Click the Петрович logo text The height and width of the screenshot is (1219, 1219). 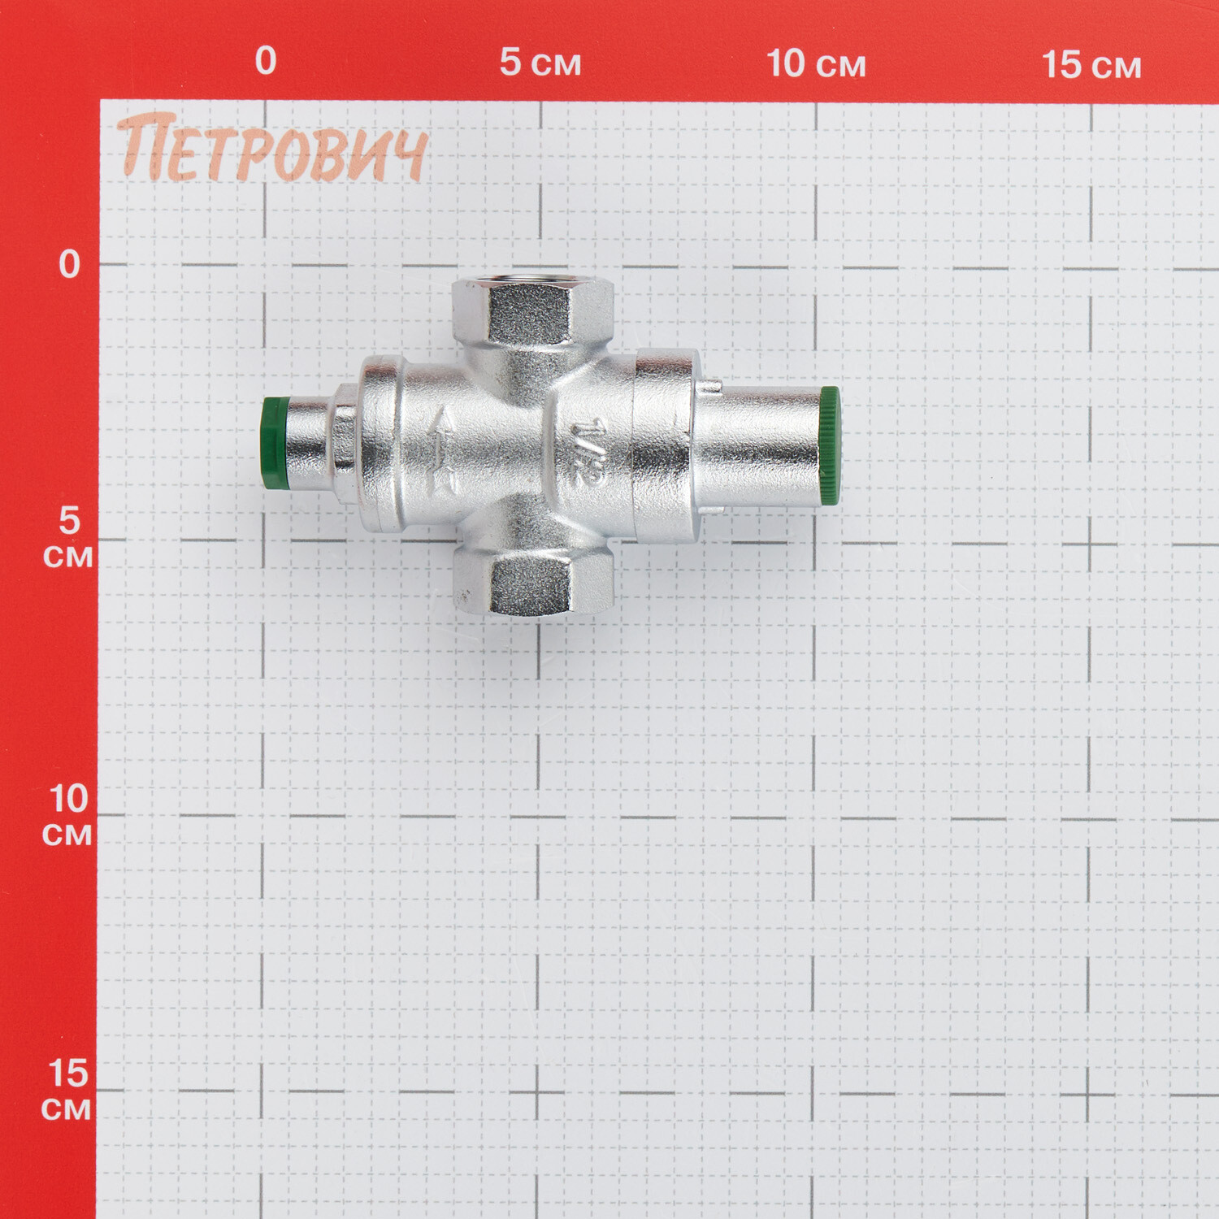(272, 148)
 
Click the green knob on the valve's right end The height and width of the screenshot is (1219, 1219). (829, 446)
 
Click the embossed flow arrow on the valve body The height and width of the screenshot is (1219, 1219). (445, 451)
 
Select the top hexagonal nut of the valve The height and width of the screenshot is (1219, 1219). (532, 310)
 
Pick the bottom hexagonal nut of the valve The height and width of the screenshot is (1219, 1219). (532, 580)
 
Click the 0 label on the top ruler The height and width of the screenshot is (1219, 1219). (266, 61)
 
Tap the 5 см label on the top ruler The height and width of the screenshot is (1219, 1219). (540, 63)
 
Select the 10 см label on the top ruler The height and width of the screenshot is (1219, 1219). (816, 63)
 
